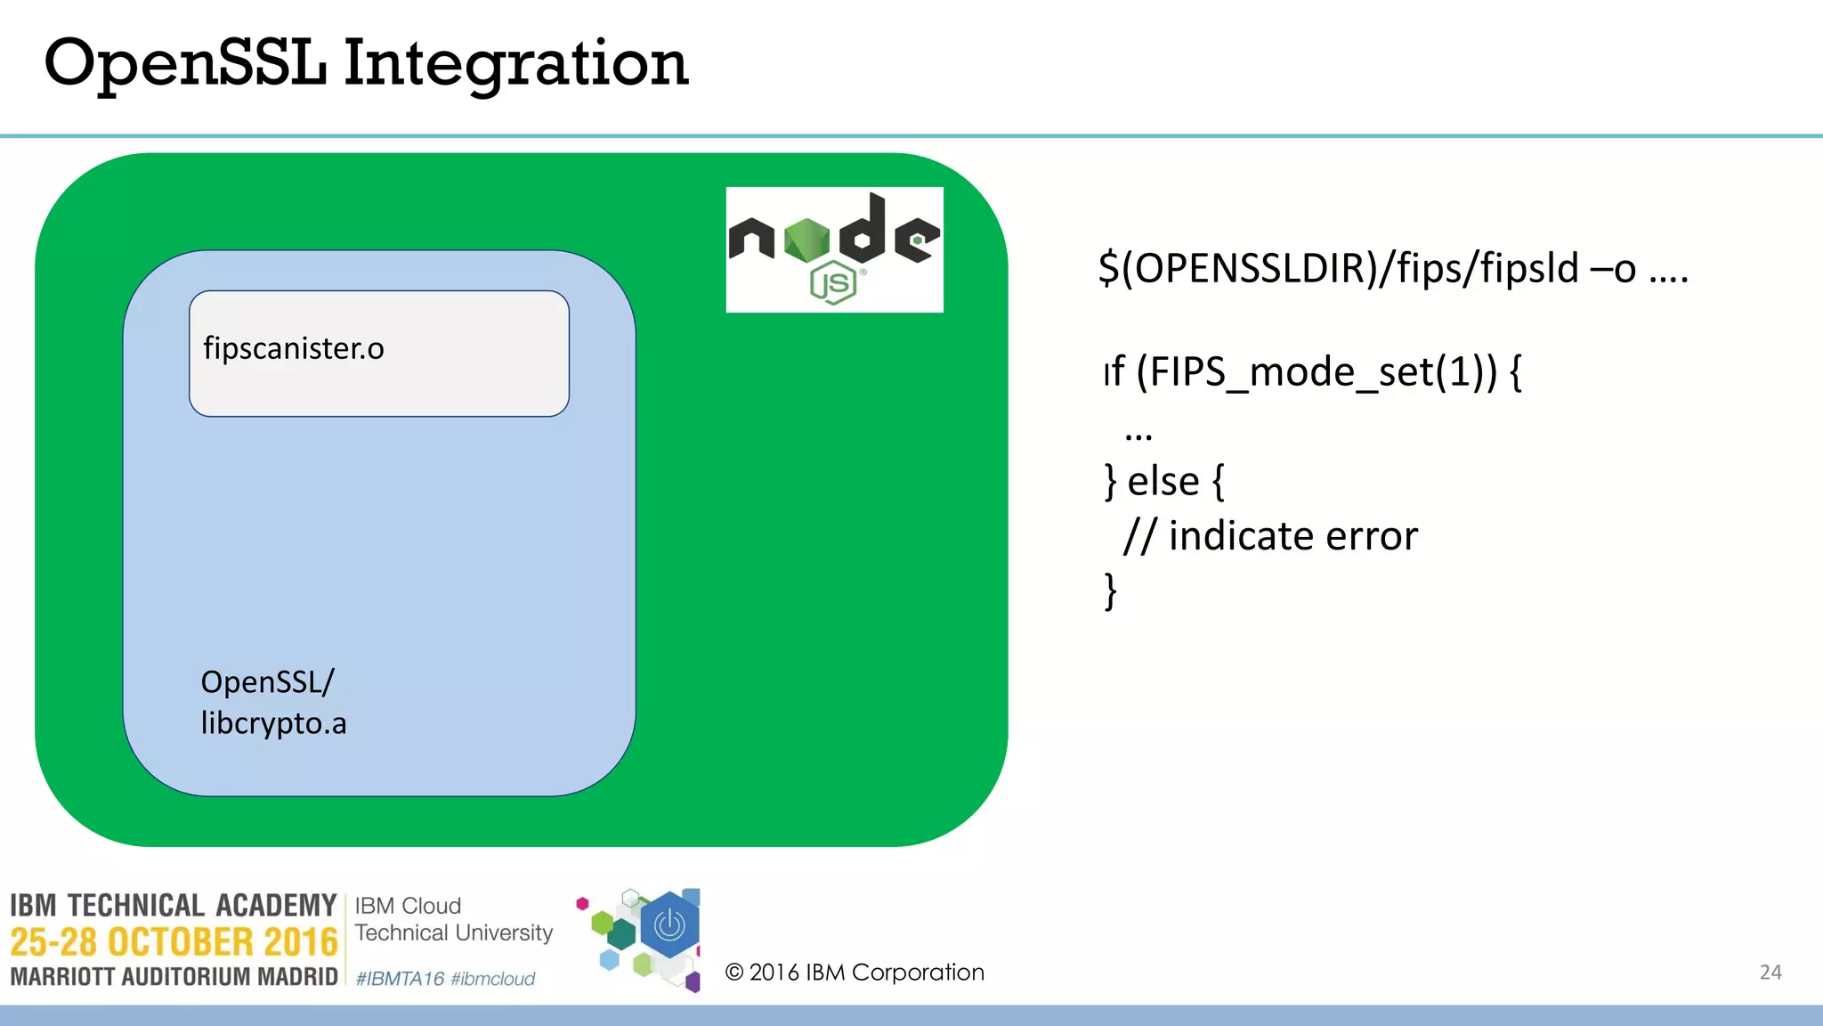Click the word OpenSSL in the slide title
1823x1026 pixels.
(185, 64)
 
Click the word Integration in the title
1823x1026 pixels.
(516, 64)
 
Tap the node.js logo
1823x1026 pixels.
(834, 249)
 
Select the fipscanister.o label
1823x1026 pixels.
(294, 348)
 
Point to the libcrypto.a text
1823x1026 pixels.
(273, 723)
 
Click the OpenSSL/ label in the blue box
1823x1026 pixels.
(267, 682)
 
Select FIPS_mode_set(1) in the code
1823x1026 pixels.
(1317, 372)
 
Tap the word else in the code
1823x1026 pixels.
(1163, 482)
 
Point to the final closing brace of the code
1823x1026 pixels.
(1110, 590)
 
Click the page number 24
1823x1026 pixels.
(1770, 973)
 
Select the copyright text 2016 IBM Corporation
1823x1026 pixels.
(855, 973)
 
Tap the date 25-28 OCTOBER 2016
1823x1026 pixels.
(174, 942)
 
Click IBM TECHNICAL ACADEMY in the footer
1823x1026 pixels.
(174, 906)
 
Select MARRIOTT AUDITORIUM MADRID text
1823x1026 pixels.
(174, 977)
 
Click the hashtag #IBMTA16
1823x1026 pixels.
(400, 979)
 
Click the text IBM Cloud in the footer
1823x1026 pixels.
(408, 906)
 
